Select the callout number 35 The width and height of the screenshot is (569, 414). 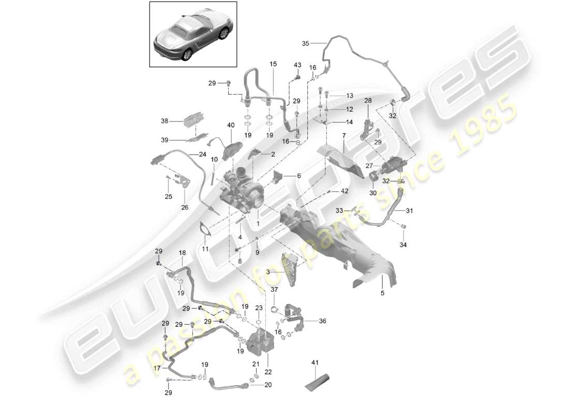[305, 44]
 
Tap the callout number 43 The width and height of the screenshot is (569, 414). [297, 65]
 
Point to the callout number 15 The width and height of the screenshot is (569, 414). [273, 64]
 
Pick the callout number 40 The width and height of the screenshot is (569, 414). [231, 125]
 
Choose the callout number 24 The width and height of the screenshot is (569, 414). [202, 154]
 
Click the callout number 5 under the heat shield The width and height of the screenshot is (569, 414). [382, 293]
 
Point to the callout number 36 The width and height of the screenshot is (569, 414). [323, 321]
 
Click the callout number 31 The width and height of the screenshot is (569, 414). [410, 210]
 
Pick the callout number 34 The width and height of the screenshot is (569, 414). [403, 245]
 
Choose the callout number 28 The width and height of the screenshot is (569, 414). [368, 100]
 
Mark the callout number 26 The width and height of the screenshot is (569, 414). [185, 208]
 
